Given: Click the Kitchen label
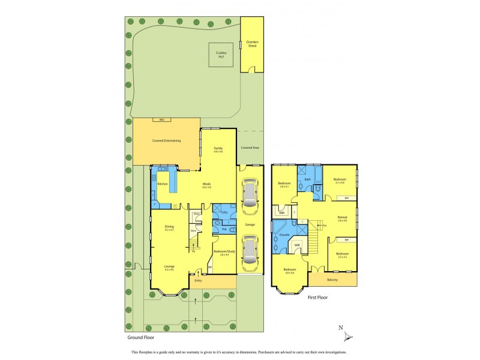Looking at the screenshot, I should tap(162, 184).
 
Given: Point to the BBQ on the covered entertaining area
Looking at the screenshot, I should tap(161, 121).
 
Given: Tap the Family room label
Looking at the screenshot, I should tap(218, 148).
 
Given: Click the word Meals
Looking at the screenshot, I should tap(207, 184).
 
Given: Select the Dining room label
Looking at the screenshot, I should tap(169, 226).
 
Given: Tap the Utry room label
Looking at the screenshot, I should tap(224, 213).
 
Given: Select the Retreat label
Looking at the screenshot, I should tap(343, 217).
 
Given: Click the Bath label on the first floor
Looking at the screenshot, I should tap(307, 179).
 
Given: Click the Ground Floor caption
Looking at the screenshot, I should tap(139, 338).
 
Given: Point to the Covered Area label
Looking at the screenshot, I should tap(250, 148).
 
